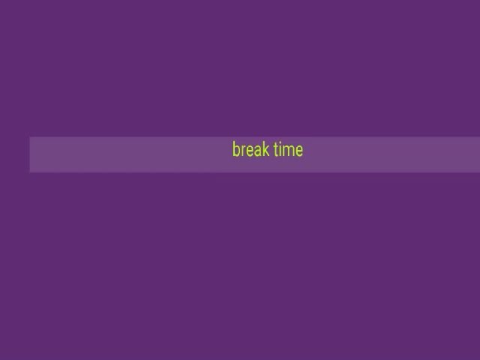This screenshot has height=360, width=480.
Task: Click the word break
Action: pyautogui.click(x=251, y=149)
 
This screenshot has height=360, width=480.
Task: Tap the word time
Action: pyautogui.click(x=288, y=150)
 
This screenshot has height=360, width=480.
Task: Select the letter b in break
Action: pyautogui.click(x=237, y=149)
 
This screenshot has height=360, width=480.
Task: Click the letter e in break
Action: pyautogui.click(x=250, y=151)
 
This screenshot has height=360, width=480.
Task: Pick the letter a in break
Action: pyautogui.click(x=258, y=151)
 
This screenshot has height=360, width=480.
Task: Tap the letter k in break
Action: pyautogui.click(x=266, y=149)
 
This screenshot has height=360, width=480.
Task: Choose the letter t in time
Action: pyautogui.click(x=277, y=150)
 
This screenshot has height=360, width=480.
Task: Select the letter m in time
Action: pyautogui.click(x=289, y=151)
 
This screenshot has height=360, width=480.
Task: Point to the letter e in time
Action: pyautogui.click(x=299, y=151)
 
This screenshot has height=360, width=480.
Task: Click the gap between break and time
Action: pyautogui.click(x=271, y=150)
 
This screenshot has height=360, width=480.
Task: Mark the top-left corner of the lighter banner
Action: pyautogui.click(x=30, y=137)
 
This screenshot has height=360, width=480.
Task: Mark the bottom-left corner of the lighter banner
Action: pyautogui.click(x=30, y=172)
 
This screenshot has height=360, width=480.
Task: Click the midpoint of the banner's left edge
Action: pyautogui.click(x=30, y=155)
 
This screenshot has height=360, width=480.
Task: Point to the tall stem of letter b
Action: pyautogui.click(x=233, y=149)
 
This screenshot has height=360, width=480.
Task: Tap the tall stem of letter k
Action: pyautogui.click(x=263, y=149)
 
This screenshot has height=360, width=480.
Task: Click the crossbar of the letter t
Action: pyautogui.click(x=277, y=147)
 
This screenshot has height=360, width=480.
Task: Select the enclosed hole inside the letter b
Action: pyautogui.click(x=237, y=151)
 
